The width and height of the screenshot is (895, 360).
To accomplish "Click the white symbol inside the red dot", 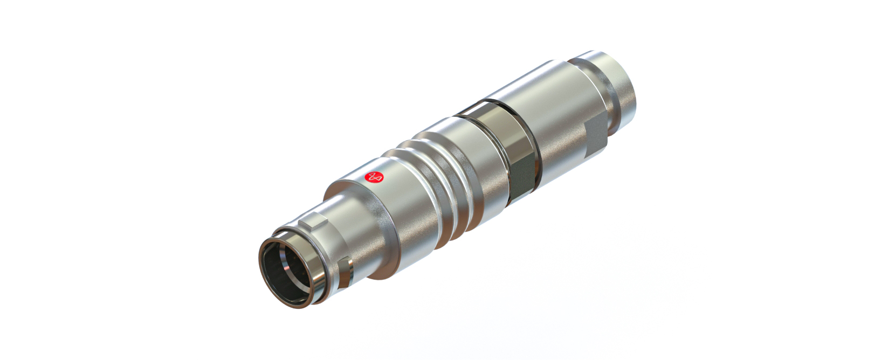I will (x=375, y=176).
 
